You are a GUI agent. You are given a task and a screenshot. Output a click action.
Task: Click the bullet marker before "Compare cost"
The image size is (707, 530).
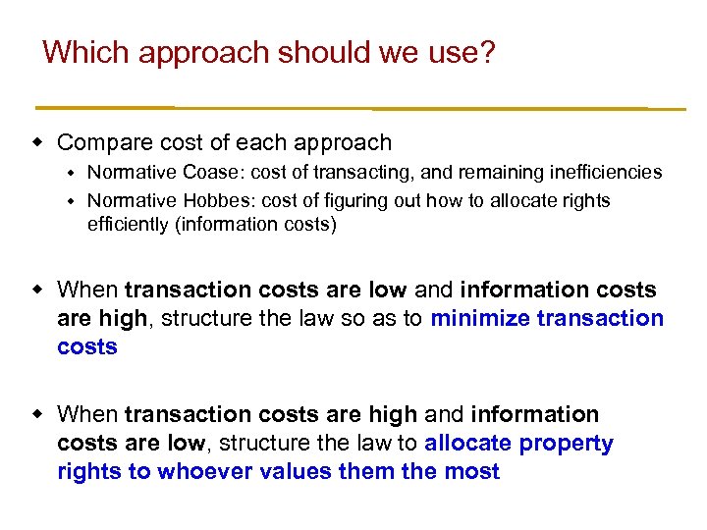pos(38,142)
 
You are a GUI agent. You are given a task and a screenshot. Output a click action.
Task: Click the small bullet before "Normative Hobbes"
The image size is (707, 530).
pos(71,201)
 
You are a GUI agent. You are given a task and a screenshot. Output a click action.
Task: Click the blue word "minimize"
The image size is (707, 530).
pos(477,319)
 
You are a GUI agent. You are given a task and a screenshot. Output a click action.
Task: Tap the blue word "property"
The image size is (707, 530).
pos(567,444)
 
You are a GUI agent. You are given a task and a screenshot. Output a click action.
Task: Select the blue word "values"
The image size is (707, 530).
pos(294,472)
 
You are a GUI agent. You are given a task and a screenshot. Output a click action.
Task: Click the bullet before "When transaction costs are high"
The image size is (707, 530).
pos(38,415)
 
